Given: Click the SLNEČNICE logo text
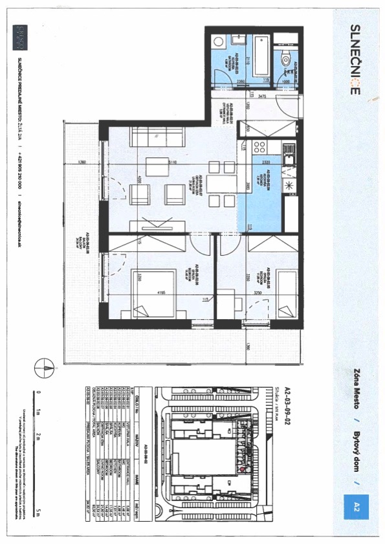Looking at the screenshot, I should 355,60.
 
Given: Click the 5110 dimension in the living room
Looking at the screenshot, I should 172,162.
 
